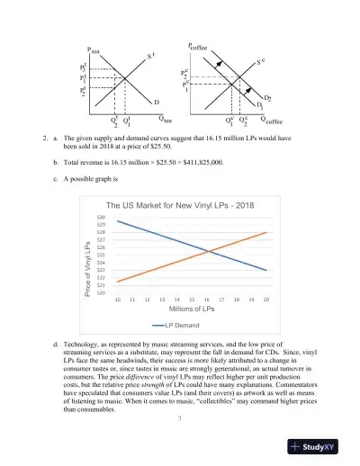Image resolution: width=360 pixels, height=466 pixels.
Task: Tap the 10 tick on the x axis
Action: pos(119,299)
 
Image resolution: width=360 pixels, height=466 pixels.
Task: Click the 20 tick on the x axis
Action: pos(266,299)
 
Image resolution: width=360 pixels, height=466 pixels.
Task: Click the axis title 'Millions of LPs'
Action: pos(192,309)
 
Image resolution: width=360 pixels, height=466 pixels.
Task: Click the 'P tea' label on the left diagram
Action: pos(94,51)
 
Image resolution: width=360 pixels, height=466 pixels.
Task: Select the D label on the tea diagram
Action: pos(157,103)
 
